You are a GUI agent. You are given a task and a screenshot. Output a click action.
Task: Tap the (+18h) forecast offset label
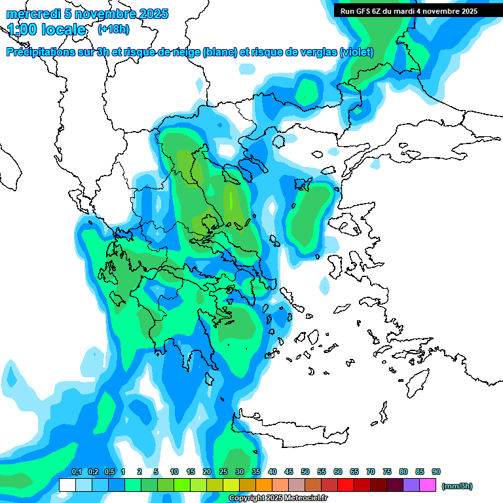pos(113,29)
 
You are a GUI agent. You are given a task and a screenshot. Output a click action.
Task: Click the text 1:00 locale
pos(47,29)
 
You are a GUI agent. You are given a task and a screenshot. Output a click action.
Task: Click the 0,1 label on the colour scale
pos(76,472)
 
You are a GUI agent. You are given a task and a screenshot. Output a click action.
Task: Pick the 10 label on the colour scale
pos(174,472)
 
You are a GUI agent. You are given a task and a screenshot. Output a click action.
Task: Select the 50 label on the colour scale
pos(305,472)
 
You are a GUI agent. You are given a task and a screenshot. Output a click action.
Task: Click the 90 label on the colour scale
pos(436,472)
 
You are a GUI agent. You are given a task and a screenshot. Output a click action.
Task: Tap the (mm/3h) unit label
pos(456,486)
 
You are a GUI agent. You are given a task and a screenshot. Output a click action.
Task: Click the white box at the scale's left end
pos(67,485)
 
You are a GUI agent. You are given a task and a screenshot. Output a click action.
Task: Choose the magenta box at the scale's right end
pos(428,485)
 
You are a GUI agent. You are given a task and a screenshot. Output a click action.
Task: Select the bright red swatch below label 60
pos(346,485)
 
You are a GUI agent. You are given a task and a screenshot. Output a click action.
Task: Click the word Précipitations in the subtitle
pos(42,52)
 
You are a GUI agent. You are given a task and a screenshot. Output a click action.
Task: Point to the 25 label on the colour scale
pos(223,472)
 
